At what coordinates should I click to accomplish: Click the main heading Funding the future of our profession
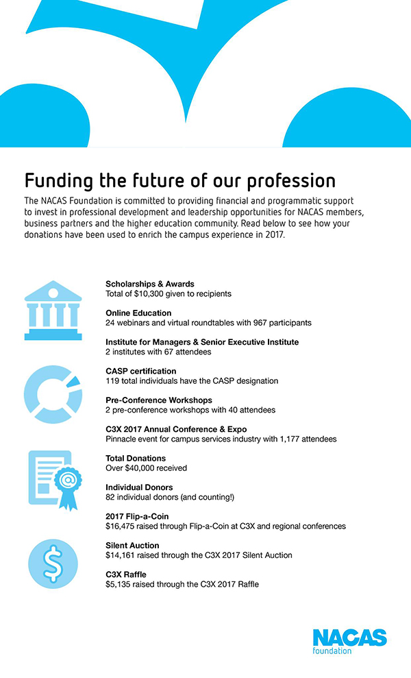[180, 180]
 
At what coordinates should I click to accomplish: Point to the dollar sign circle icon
[53, 564]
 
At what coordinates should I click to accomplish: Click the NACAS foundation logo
[349, 641]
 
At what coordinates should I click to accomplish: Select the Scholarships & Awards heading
[150, 284]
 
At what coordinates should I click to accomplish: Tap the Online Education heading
[138, 313]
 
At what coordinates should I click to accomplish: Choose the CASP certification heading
[141, 371]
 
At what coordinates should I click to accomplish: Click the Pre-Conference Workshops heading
[159, 400]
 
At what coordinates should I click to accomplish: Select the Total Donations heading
[136, 458]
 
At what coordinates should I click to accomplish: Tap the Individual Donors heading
[139, 487]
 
